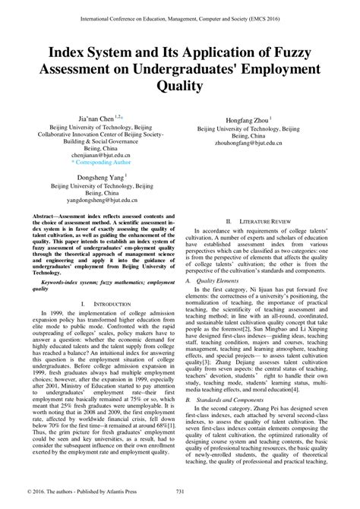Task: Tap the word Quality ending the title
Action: point(179,86)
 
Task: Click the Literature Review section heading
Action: point(272,219)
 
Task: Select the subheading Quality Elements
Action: point(219,280)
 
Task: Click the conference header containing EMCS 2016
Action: point(179,12)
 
